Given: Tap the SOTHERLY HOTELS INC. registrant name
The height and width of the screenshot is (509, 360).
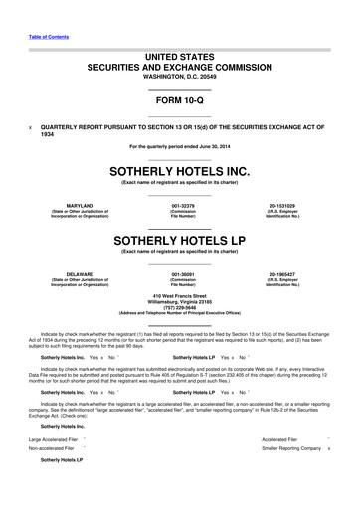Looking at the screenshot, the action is pyautogui.click(x=180, y=170).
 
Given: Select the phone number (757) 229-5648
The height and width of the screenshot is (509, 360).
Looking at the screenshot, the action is pyautogui.click(x=180, y=307).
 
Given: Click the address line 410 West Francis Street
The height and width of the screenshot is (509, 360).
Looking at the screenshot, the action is pyautogui.click(x=180, y=295).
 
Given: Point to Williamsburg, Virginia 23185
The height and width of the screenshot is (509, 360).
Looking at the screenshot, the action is pyautogui.click(x=180, y=301).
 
